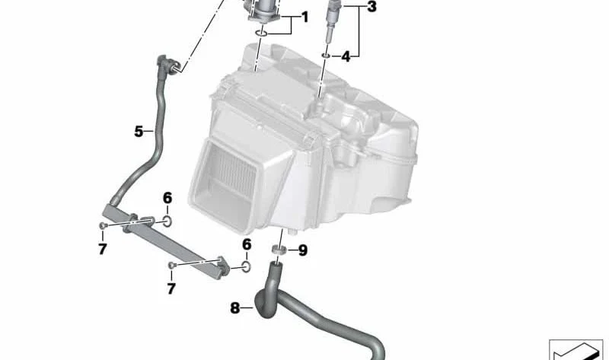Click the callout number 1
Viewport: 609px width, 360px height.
(x=305, y=17)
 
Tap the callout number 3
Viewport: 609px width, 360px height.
(x=371, y=7)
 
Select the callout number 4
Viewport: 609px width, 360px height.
(x=346, y=56)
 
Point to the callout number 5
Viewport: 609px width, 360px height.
(x=139, y=132)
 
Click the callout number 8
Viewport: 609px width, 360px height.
(x=234, y=308)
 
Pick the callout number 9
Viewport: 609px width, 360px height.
(x=302, y=250)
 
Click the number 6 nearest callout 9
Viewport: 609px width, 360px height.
(x=247, y=244)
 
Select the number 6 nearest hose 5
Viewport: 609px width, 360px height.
(x=167, y=198)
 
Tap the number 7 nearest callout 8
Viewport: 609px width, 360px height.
(x=171, y=288)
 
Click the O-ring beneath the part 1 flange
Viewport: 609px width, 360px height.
(x=261, y=33)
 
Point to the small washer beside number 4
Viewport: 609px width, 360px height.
(x=326, y=56)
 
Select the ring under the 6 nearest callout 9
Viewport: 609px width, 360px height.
(x=245, y=266)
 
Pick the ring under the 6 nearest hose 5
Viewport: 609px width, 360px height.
(x=167, y=221)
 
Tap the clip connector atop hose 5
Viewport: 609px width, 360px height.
(x=167, y=64)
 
